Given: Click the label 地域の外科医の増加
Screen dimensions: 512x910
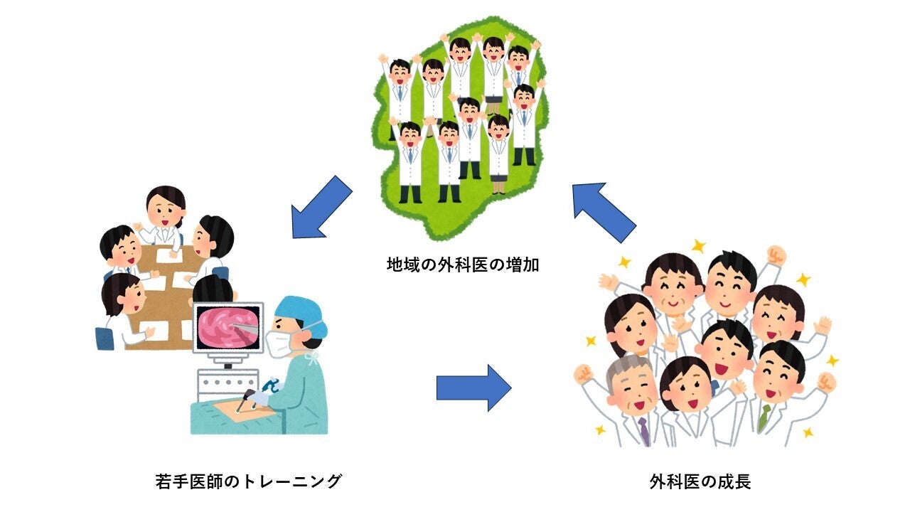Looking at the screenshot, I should point(463,265).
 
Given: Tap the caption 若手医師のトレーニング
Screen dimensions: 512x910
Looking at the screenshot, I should point(248,481).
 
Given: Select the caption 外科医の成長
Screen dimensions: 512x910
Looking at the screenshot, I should point(700,481).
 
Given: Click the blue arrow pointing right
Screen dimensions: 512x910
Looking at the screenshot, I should point(473,388).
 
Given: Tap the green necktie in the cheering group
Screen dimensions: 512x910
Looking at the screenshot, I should point(764,417).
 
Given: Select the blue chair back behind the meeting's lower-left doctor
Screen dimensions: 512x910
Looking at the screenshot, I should point(105,338).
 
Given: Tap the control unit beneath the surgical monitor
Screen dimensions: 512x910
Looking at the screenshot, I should point(227,385).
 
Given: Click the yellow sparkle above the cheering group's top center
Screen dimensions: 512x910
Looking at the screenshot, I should point(698,246).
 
